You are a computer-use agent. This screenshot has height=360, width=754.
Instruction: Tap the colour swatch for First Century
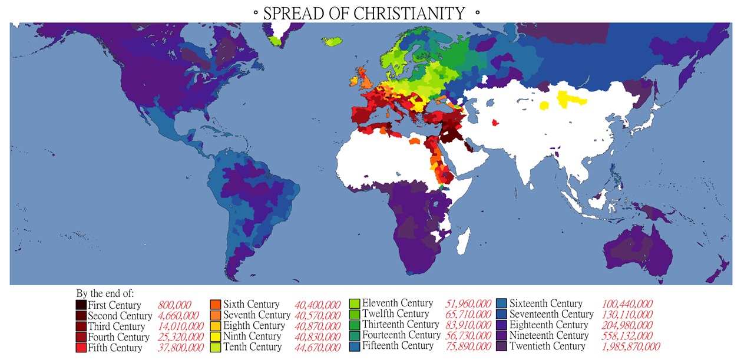click(x=81, y=305)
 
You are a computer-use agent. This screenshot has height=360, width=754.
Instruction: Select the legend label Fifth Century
click(x=115, y=348)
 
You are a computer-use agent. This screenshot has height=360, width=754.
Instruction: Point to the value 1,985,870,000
click(x=631, y=346)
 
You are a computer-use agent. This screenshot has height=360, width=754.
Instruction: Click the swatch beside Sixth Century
click(x=216, y=305)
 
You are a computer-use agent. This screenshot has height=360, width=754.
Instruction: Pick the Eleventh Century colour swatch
click(x=355, y=304)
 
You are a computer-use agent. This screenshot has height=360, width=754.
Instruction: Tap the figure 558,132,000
click(x=627, y=336)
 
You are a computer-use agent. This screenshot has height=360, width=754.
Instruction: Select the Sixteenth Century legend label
click(x=545, y=304)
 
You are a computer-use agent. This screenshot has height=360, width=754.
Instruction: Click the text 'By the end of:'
click(x=105, y=293)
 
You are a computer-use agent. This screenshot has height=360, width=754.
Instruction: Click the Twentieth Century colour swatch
click(x=502, y=346)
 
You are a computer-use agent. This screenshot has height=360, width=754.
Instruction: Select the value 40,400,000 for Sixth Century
click(x=317, y=305)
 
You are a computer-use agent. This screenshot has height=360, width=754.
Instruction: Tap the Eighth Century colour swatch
click(x=216, y=326)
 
